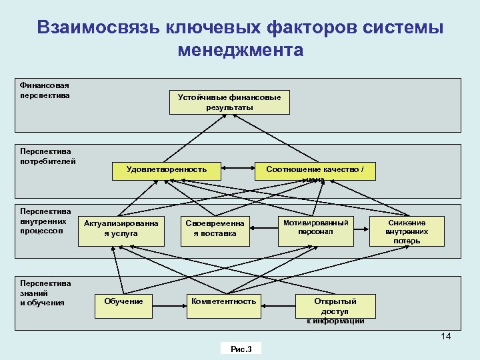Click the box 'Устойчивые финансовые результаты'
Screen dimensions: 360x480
[229, 102]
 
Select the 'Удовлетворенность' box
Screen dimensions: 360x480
[167, 170]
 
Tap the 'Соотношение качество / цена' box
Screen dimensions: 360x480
[315, 171]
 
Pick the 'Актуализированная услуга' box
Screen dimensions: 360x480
[121, 229]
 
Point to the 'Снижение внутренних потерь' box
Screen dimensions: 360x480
[407, 231]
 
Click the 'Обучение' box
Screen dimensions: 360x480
[124, 302]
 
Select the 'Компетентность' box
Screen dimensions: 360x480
[224, 302]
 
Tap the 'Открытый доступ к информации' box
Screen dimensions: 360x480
[335, 309]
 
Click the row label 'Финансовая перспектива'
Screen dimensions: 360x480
[45, 90]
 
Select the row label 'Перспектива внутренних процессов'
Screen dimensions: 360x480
[45, 221]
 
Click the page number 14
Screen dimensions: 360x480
[446, 336]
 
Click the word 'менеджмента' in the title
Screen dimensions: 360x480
[241, 50]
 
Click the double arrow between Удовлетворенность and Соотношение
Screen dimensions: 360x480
[239, 170]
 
